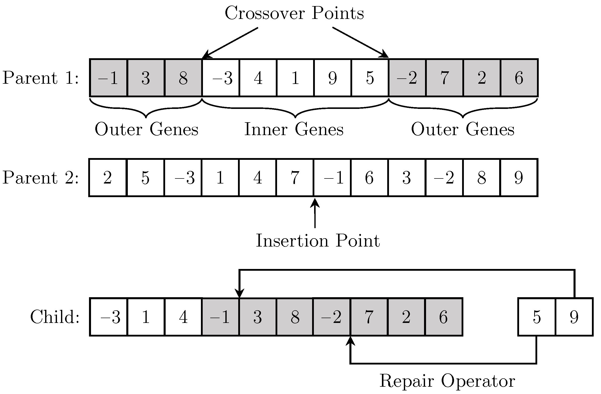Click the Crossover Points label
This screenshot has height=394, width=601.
pos(294,13)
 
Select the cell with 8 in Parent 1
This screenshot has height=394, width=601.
pos(183,78)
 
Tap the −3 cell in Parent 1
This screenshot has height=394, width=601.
pos(220,78)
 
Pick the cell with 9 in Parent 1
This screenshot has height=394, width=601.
pos(333,78)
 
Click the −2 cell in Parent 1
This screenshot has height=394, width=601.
pos(407,78)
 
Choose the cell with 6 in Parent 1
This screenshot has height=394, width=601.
pos(519,78)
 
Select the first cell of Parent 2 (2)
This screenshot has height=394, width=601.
pos(108,177)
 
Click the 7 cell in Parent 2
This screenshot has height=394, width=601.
pos(295,177)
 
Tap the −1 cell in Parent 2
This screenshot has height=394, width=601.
pos(332,177)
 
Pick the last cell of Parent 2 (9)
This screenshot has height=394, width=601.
pos(519,177)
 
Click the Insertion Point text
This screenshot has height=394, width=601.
pos(318,240)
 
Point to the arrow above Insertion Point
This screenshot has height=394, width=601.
pos(315,214)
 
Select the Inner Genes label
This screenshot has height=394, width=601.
pos(294,129)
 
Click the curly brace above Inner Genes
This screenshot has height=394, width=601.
pos(295,109)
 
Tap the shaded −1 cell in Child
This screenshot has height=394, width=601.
pos(220,317)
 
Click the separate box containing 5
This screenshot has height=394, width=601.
pos(537,317)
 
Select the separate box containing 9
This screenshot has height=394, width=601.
pos(574,317)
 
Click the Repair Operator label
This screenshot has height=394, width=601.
pos(447,381)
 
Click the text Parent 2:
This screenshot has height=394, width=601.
pos(40,177)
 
